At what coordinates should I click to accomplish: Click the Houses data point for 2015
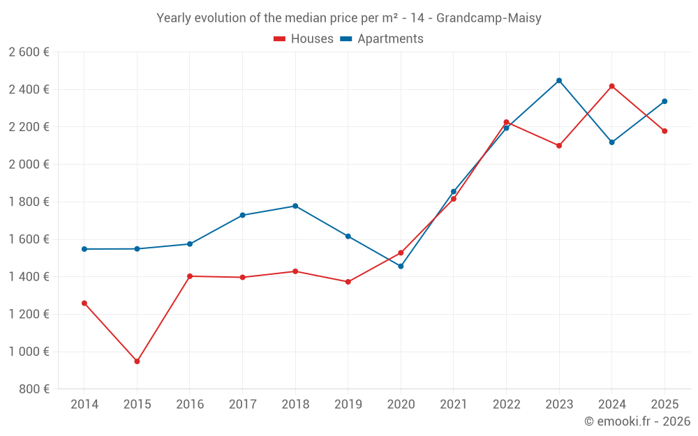click(137, 361)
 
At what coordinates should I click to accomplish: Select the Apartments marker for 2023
click(559, 80)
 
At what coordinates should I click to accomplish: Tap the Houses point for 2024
click(612, 87)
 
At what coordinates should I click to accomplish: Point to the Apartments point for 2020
click(401, 266)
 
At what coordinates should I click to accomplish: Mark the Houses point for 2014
click(84, 303)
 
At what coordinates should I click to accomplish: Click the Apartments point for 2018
click(295, 206)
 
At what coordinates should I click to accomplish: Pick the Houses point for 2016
click(190, 276)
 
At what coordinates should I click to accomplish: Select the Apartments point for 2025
click(664, 101)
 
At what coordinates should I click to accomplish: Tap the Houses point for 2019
click(348, 282)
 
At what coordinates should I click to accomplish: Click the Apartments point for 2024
click(612, 142)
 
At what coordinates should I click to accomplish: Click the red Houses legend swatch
click(279, 39)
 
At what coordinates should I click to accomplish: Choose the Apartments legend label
click(390, 39)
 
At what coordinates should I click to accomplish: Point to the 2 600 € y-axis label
click(29, 52)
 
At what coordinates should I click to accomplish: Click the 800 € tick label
click(34, 389)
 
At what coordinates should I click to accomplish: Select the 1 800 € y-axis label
click(29, 202)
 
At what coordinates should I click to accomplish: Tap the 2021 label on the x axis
click(454, 405)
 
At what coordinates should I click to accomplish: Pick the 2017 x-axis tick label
click(242, 405)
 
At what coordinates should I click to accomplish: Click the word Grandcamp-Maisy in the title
click(489, 18)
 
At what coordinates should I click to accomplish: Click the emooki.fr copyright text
click(637, 421)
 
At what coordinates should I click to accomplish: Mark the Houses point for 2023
click(559, 146)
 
